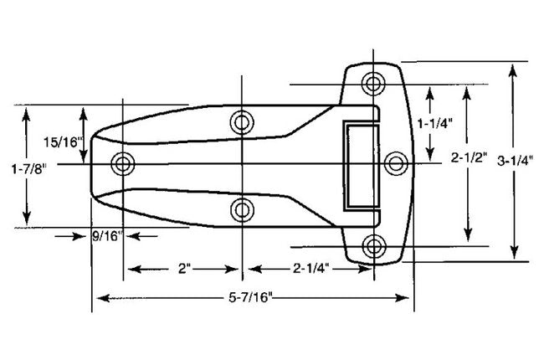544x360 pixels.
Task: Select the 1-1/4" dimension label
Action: coord(438,123)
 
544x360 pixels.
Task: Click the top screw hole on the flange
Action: coord(373,83)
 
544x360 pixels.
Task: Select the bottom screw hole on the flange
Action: coord(373,245)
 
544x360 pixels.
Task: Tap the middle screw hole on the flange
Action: coord(395,163)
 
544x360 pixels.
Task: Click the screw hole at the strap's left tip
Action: coord(124,163)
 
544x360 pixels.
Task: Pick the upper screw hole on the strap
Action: coord(242,122)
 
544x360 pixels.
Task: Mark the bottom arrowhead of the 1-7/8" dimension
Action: coord(30,219)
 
